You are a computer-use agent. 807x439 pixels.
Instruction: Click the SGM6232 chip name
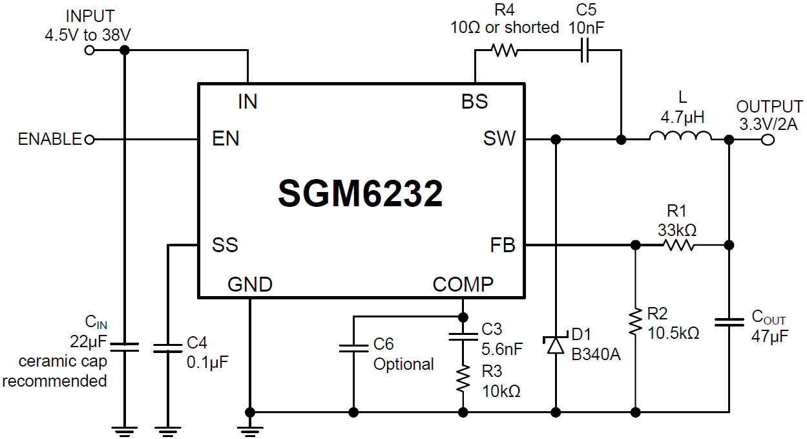361,193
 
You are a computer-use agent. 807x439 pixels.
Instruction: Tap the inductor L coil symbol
680,137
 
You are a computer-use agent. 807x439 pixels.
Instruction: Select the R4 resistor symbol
504,50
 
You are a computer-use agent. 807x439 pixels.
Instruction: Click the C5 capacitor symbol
585,50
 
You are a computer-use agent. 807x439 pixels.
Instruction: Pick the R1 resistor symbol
677,245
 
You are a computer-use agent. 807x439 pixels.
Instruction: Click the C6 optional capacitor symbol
353,348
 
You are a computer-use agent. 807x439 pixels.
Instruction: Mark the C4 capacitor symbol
167,348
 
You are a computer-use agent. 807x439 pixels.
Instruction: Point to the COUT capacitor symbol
729,321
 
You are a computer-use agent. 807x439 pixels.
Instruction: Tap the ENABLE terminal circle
90,139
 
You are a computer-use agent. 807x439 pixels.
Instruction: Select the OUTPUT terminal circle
768,139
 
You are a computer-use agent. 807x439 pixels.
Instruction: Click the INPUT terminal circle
90,50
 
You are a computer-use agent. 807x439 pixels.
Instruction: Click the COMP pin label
463,284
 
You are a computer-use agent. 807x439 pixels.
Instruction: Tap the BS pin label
474,102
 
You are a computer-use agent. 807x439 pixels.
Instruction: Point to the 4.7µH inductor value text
682,118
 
